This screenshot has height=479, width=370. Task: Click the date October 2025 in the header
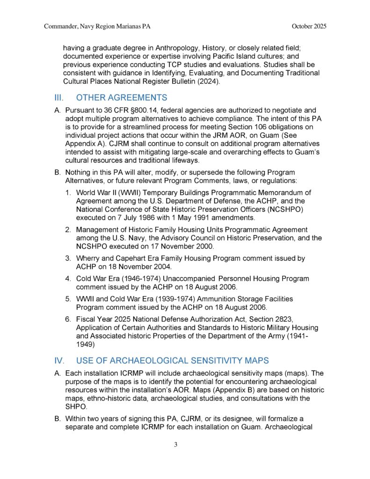(309, 26)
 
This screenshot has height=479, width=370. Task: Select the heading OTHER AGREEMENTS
(121, 98)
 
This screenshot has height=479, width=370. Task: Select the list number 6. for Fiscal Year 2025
(68, 319)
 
